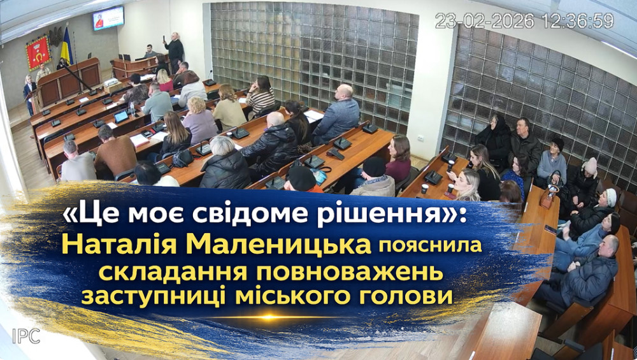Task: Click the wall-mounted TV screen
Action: [x=108, y=18]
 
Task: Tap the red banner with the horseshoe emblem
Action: [x=38, y=52]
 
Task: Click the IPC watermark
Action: [x=26, y=336]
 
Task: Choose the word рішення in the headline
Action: [x=325, y=215]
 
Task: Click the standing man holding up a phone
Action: [x=175, y=50]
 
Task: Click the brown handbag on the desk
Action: [x=548, y=196]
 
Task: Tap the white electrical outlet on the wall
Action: [x=421, y=138]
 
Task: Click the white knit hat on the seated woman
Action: [x=611, y=197]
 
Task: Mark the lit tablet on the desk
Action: [x=120, y=117]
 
